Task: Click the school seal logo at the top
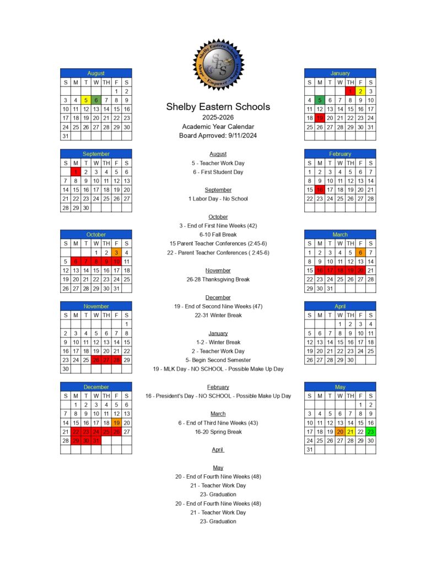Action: pyautogui.click(x=218, y=64)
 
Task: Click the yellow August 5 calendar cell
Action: pyautogui.click(x=85, y=100)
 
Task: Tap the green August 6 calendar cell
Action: pyautogui.click(x=96, y=100)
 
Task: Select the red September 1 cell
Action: pyautogui.click(x=76, y=172)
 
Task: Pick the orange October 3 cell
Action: pyautogui.click(x=116, y=253)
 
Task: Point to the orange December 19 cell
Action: pyautogui.click(x=116, y=423)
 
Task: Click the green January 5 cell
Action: pyautogui.click(x=320, y=100)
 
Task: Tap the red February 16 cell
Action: pyautogui.click(x=320, y=190)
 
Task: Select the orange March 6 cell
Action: pyautogui.click(x=360, y=253)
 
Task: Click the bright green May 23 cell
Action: pyautogui.click(x=370, y=432)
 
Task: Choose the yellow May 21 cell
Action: pyautogui.click(x=350, y=432)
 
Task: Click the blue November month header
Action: pyautogui.click(x=96, y=306)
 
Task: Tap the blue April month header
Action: pyautogui.click(x=340, y=306)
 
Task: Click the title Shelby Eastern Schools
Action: pyautogui.click(x=218, y=107)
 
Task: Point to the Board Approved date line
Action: pyautogui.click(x=218, y=135)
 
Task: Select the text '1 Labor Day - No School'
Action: pyautogui.click(x=218, y=199)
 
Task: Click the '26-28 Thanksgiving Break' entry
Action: pyautogui.click(x=218, y=279)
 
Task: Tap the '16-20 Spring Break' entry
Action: pyautogui.click(x=218, y=432)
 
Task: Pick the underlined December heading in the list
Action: pyautogui.click(x=218, y=297)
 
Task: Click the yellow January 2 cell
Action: pyautogui.click(x=360, y=91)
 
